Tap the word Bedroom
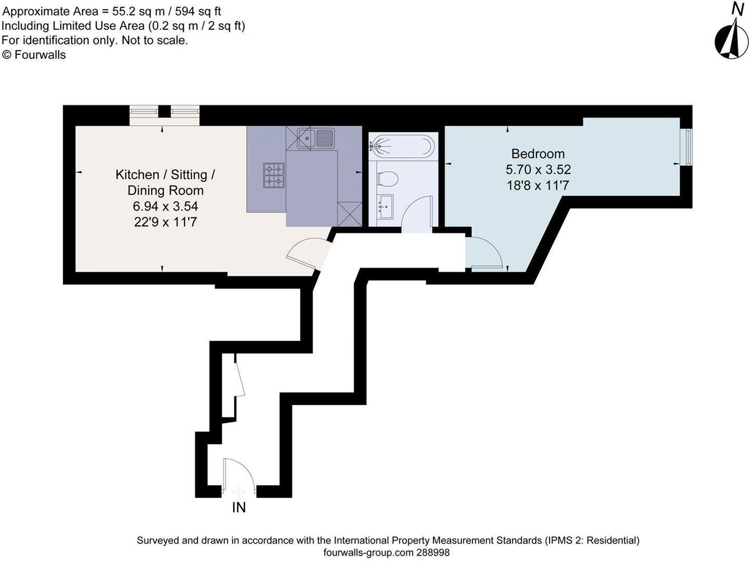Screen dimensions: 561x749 pos(538,154)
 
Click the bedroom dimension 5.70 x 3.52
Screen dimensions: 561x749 pos(538,169)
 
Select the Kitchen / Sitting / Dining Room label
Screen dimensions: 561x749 pos(165,182)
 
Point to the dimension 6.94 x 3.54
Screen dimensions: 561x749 pos(165,206)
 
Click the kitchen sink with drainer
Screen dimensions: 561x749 pos(316,138)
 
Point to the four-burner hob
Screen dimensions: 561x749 pos(274,175)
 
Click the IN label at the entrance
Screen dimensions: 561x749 pos(239,507)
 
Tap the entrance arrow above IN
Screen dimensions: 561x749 pos(239,491)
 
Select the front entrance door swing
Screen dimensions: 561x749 pos(238,475)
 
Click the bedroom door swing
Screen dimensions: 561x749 pos(485,253)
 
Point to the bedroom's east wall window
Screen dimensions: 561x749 pos(687,148)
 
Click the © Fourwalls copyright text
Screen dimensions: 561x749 pos(34,55)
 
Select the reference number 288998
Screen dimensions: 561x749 pos(432,553)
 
